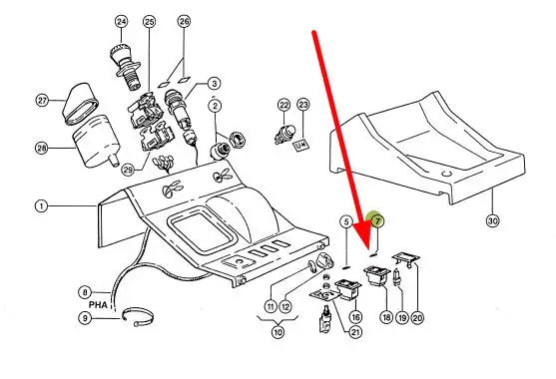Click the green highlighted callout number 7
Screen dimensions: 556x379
(x=377, y=221)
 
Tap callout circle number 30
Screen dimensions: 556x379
(x=492, y=221)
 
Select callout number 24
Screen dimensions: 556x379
(x=121, y=22)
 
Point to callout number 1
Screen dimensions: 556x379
(x=42, y=205)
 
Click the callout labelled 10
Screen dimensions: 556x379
(x=278, y=332)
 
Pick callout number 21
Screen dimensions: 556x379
(x=355, y=332)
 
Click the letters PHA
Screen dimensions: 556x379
(x=98, y=304)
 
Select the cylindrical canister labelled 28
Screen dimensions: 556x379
(x=96, y=142)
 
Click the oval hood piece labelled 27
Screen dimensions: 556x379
(x=81, y=104)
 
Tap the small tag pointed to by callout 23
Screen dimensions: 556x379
(x=302, y=144)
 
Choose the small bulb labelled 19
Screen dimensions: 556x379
(x=396, y=277)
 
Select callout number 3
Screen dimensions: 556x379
(x=214, y=84)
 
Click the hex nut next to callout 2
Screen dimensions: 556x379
(x=237, y=139)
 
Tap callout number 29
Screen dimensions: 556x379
(x=128, y=170)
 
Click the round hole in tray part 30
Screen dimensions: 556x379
(x=446, y=174)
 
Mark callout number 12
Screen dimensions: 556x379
(x=285, y=307)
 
